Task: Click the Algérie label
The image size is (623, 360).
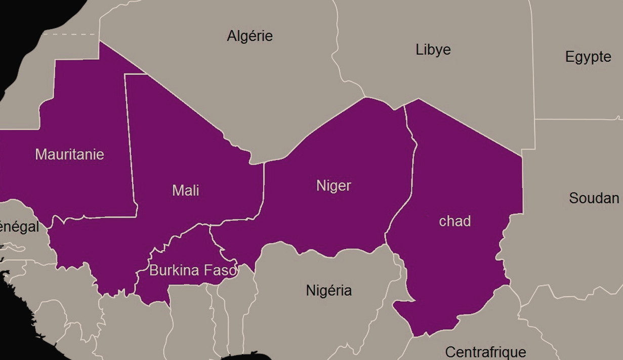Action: (250, 36)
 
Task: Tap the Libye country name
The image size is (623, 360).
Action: (433, 50)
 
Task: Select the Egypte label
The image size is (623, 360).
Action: (588, 57)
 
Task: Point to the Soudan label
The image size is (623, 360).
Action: (594, 198)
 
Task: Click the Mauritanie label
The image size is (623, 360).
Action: (69, 154)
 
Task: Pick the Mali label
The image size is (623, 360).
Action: (185, 191)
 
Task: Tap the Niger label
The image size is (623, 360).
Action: (334, 186)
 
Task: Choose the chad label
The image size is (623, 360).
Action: (454, 221)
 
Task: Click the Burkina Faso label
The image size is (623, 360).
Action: (192, 270)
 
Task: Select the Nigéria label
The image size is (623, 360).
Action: (328, 291)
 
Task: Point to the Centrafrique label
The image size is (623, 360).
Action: (485, 351)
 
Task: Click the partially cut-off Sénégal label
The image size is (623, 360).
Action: (19, 227)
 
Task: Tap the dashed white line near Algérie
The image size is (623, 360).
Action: (71, 34)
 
